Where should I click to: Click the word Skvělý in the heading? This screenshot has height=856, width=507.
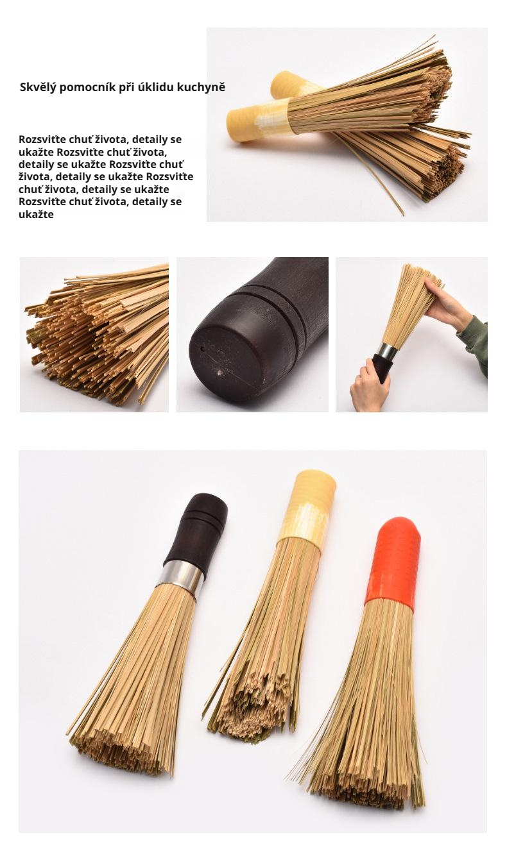(x=38, y=87)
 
